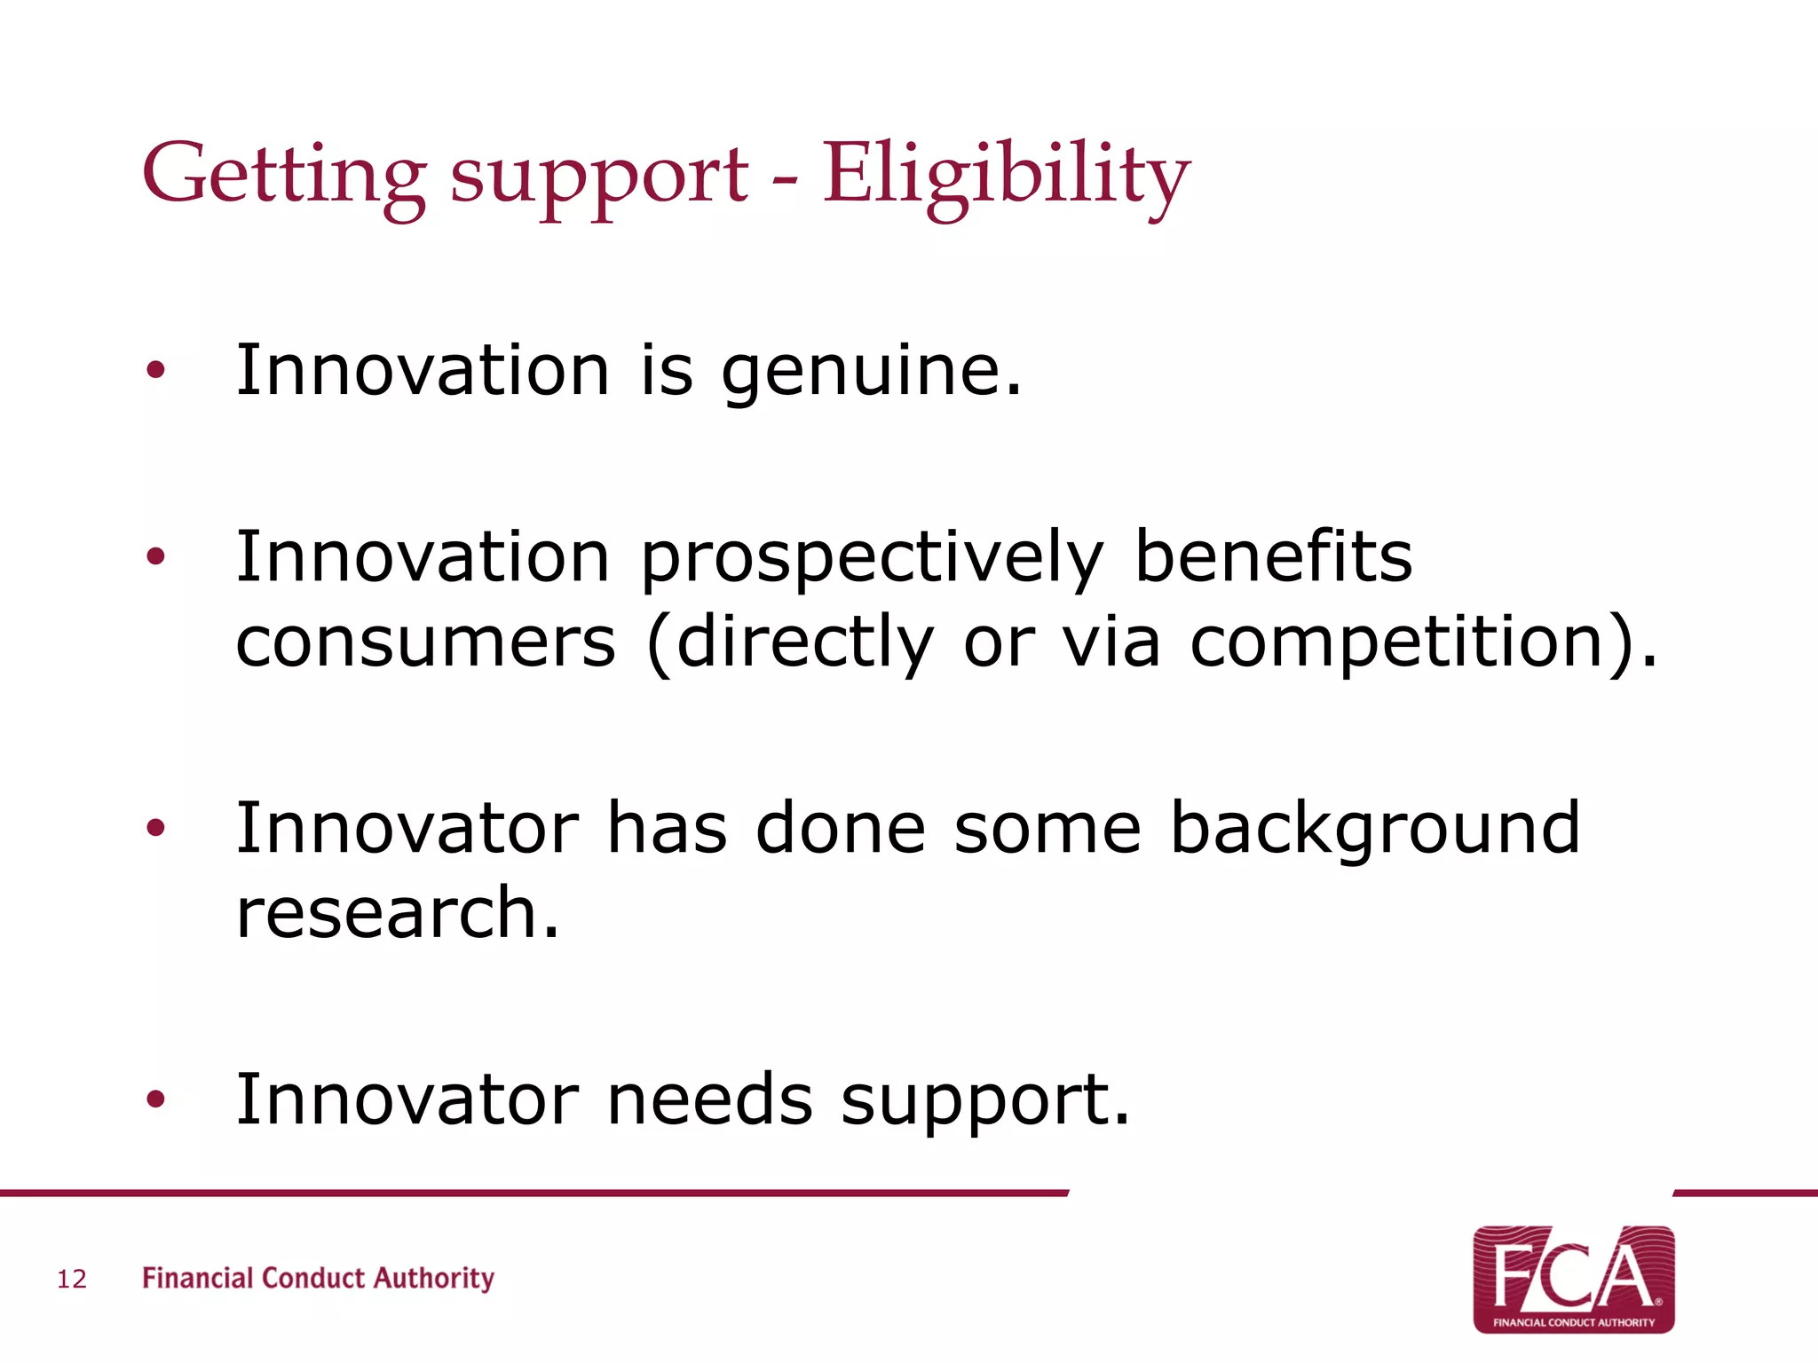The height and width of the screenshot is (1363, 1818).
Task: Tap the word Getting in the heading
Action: pyautogui.click(x=282, y=174)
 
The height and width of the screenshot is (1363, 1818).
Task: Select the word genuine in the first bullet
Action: pyautogui.click(x=871, y=371)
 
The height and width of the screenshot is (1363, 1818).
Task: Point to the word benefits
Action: pyautogui.click(x=1273, y=557)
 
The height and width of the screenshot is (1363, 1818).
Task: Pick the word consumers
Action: pyautogui.click(x=425, y=642)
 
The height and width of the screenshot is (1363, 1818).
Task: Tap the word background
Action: pyautogui.click(x=1375, y=829)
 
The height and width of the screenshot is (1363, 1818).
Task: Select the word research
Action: pyautogui.click(x=398, y=914)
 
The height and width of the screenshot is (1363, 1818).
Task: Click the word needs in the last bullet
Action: pyautogui.click(x=709, y=1100)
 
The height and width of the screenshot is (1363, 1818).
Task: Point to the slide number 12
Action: pyautogui.click(x=72, y=1279)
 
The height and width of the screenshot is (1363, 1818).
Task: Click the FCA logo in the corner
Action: pyautogui.click(x=1573, y=1279)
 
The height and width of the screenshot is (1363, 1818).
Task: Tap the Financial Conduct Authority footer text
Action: pyautogui.click(x=318, y=1279)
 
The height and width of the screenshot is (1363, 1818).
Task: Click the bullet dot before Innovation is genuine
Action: pyautogui.click(x=156, y=371)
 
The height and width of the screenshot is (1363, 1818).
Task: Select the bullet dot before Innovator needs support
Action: pyautogui.click(x=156, y=1100)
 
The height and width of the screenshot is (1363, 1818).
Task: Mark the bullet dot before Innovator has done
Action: pyautogui.click(x=156, y=829)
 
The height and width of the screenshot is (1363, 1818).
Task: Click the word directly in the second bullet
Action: pyautogui.click(x=803, y=644)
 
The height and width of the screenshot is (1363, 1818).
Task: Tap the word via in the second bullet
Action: pyautogui.click(x=1111, y=642)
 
